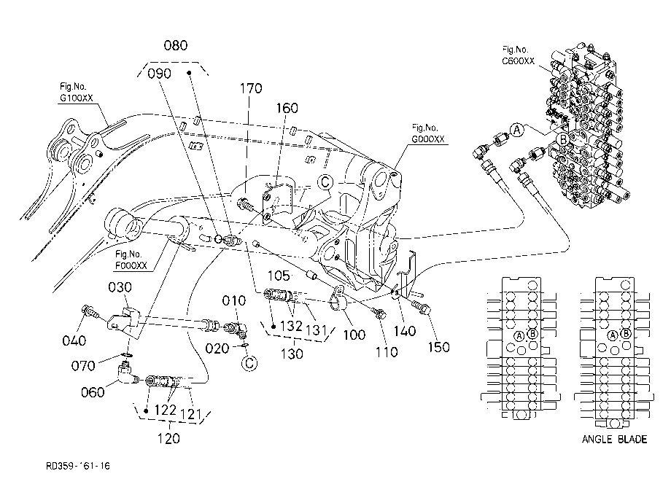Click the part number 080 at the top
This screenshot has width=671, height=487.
click(x=176, y=45)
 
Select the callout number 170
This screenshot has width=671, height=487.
click(x=250, y=88)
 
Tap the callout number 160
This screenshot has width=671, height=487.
click(x=287, y=108)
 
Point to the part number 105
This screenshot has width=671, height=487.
click(x=279, y=276)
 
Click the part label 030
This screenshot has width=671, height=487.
click(x=120, y=287)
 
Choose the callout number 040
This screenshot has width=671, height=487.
click(x=74, y=340)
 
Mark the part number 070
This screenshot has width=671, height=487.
click(x=83, y=366)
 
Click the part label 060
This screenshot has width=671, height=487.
click(x=93, y=392)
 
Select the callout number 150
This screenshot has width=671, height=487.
click(x=438, y=347)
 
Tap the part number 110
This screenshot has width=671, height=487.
click(x=387, y=352)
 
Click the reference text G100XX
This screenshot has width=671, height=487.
click(x=76, y=98)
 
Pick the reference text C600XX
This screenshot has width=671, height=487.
click(x=519, y=61)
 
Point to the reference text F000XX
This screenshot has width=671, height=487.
click(x=131, y=265)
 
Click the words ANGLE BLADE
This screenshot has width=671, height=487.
click(x=614, y=439)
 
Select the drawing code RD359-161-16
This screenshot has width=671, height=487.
click(x=78, y=466)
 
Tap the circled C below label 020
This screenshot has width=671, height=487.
click(x=249, y=364)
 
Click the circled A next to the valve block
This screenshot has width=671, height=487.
click(x=517, y=129)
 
